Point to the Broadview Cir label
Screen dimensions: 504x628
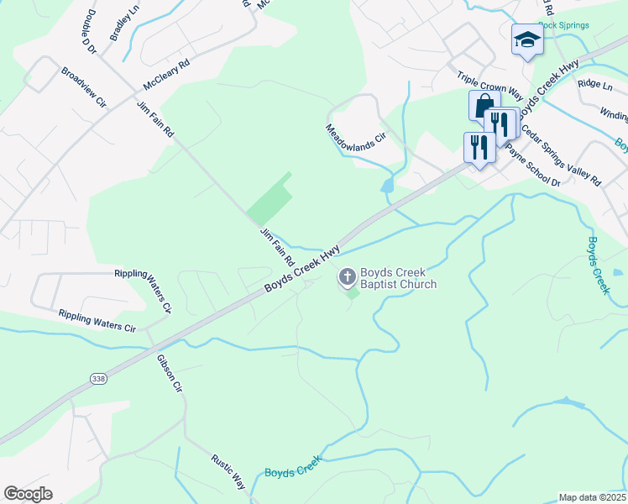[x=84, y=87]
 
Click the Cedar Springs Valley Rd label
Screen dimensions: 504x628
[x=561, y=155]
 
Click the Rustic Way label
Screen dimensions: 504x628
[x=228, y=472]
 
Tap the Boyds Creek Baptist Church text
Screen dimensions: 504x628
[x=399, y=278]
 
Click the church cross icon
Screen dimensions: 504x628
[x=347, y=276]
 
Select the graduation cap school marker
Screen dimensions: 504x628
[x=526, y=39]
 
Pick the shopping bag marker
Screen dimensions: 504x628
[x=484, y=106]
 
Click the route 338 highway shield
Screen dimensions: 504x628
[x=98, y=380]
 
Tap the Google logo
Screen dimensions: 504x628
[x=29, y=494]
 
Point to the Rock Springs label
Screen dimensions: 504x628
[x=563, y=25]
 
